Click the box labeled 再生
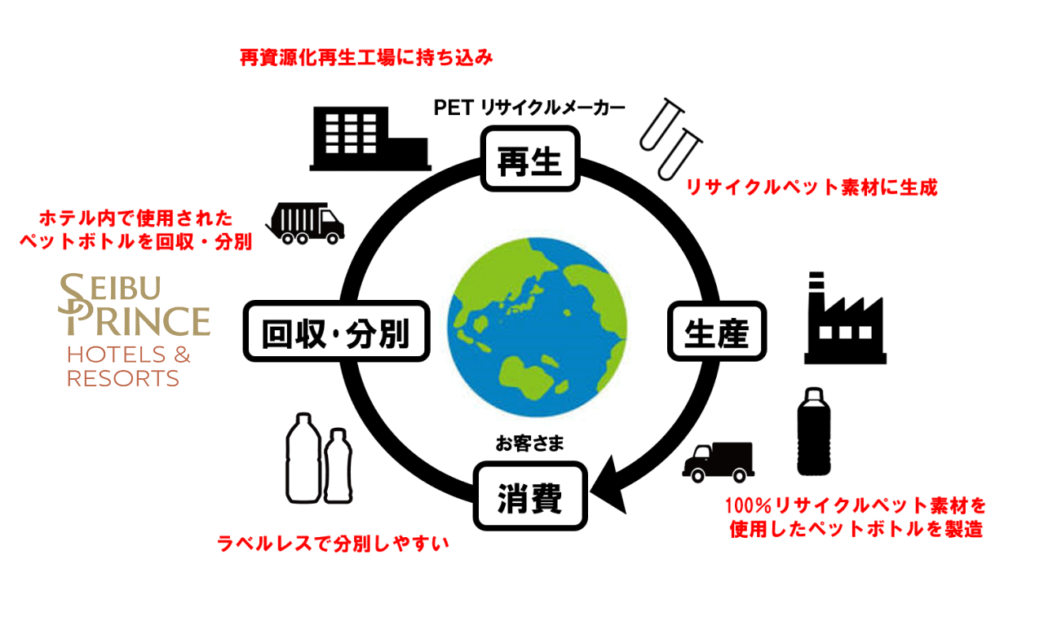[x=530, y=160]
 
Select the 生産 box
[x=717, y=331]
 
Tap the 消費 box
[x=530, y=496]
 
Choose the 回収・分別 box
[x=336, y=333]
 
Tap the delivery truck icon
[x=718, y=462]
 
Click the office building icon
[x=369, y=138]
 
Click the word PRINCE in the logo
[x=137, y=320]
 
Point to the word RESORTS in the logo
[x=123, y=379]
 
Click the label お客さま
[x=530, y=444]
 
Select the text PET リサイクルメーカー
[x=530, y=108]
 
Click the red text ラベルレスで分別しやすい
[x=333, y=544]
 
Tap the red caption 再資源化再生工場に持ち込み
[x=367, y=58]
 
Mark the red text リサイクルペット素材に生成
[x=811, y=187]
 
